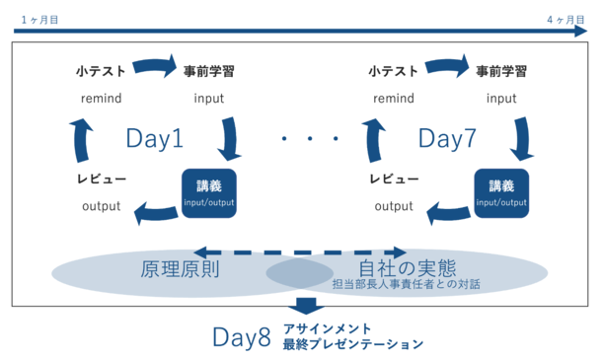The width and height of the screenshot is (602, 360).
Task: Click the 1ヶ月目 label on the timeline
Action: click(36, 19)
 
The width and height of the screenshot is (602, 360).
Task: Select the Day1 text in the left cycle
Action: click(154, 139)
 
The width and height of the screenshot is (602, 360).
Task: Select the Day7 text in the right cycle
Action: click(447, 139)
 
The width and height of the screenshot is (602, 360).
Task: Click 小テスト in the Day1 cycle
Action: click(101, 71)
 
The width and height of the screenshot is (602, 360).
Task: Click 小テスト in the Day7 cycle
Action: click(393, 71)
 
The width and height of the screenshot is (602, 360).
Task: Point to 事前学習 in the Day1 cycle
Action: click(208, 71)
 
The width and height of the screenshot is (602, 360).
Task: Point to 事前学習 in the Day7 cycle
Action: click(500, 71)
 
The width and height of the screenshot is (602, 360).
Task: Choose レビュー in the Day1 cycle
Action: click(101, 180)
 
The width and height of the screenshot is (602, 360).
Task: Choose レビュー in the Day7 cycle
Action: click(393, 180)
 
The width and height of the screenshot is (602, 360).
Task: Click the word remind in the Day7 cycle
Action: click(393, 99)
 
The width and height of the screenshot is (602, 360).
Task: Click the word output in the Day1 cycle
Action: click(101, 207)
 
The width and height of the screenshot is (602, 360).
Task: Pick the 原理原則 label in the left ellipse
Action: click(180, 268)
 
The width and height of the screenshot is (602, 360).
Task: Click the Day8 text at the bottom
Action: click(242, 336)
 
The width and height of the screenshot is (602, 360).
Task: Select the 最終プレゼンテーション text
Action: click(352, 345)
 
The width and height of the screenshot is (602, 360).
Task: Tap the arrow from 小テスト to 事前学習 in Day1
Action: click(154, 67)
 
